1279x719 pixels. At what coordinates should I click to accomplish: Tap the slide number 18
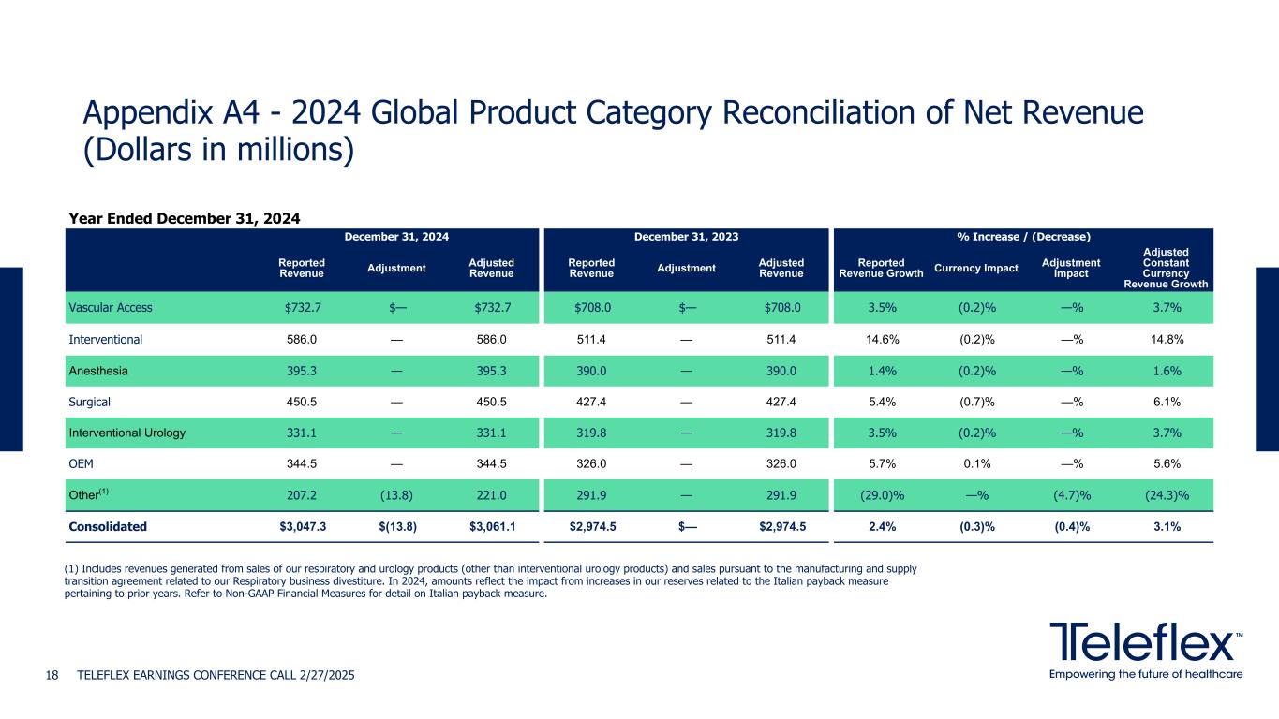[53, 675]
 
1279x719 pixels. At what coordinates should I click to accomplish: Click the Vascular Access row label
[111, 307]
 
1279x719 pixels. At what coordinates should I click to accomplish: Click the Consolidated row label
[108, 526]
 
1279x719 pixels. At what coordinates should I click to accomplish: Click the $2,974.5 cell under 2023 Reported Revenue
[593, 526]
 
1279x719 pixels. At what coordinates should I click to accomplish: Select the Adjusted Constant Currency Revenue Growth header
[1167, 269]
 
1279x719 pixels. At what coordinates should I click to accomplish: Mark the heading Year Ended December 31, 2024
[185, 218]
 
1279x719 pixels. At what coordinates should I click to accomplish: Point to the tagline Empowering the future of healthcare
[1146, 675]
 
